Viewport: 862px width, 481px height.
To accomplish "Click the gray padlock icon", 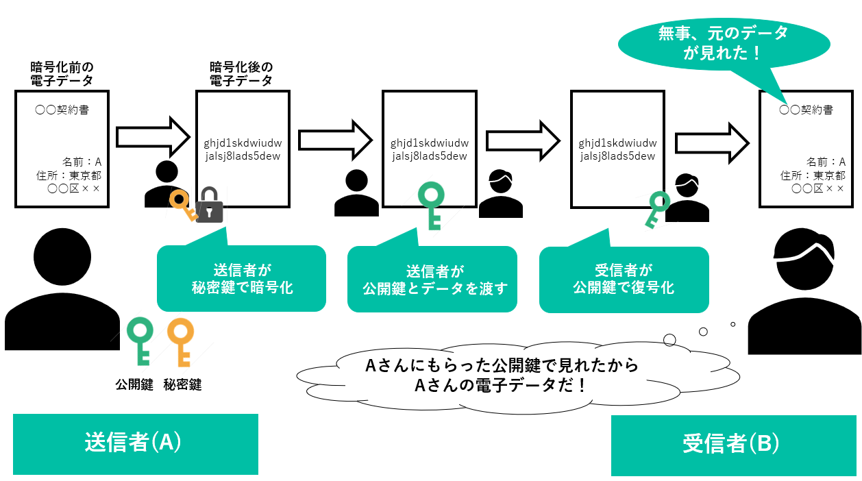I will pyautogui.click(x=210, y=205).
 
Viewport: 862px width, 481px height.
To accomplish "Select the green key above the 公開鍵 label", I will pyautogui.click(x=142, y=341).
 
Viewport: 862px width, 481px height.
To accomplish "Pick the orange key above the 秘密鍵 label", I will pyautogui.click(x=181, y=341).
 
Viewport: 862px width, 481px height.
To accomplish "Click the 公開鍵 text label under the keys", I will pyautogui.click(x=134, y=384).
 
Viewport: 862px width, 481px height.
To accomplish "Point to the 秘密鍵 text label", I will pyautogui.click(x=182, y=384).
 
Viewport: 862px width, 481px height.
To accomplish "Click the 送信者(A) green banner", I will pyautogui.click(x=135, y=443).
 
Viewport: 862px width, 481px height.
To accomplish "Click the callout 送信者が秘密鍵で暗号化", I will pyautogui.click(x=241, y=278).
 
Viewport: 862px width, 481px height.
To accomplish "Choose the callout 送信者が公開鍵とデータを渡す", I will pyautogui.click(x=432, y=279).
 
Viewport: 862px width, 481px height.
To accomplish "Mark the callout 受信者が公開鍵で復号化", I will pyautogui.click(x=624, y=279).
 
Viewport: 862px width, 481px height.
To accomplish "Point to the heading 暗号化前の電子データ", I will pyautogui.click(x=62, y=74).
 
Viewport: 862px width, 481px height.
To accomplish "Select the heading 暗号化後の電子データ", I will pyautogui.click(x=241, y=74).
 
